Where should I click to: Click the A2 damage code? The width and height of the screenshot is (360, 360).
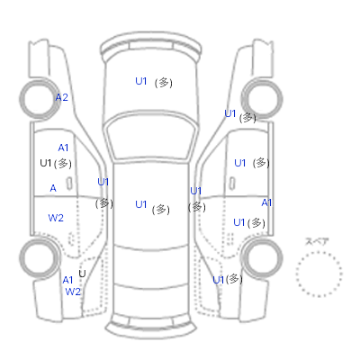tap(62, 97)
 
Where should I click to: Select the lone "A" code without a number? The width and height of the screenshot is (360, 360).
tap(53, 188)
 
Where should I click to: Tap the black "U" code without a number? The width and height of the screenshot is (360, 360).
tap(82, 274)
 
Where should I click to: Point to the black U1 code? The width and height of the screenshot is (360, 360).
tap(46, 163)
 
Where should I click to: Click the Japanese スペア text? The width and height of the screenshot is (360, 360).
tap(317, 241)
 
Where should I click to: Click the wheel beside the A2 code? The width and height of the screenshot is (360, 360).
tap(39, 99)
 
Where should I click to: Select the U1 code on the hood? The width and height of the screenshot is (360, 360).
tap(141, 81)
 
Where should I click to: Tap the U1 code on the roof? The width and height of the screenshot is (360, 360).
tap(141, 204)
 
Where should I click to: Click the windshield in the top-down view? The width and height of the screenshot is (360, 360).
tap(151, 135)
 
